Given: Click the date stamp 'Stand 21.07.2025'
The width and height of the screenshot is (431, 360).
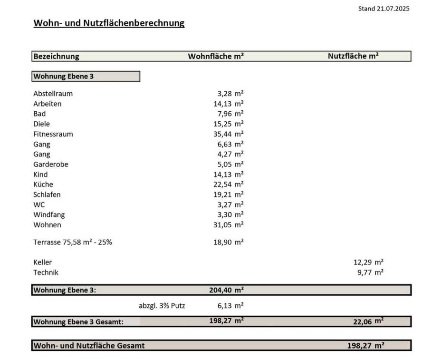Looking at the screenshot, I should [x=383, y=9].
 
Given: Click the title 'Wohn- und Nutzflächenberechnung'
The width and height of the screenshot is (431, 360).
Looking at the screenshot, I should [x=109, y=23].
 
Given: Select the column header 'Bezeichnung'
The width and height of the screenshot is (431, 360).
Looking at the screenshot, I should [x=56, y=56].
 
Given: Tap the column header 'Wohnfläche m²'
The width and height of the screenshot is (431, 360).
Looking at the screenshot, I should [x=216, y=56].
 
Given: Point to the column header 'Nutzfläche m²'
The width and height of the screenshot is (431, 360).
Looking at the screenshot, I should [x=353, y=56].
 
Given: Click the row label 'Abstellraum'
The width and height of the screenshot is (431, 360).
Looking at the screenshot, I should [x=53, y=94].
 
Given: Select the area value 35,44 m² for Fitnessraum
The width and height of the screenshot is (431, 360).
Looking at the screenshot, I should [x=228, y=134].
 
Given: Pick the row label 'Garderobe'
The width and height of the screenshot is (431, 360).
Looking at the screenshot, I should [x=51, y=165].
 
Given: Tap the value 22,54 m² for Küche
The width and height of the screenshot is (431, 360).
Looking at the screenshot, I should [x=228, y=185].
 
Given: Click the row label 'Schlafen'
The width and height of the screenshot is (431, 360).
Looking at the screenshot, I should [x=47, y=195].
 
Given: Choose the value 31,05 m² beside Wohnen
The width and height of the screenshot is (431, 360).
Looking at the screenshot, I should [x=228, y=225].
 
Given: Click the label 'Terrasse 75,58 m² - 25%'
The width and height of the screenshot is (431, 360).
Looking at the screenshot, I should [x=73, y=242].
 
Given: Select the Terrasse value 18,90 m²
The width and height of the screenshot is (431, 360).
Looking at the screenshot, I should [x=228, y=242].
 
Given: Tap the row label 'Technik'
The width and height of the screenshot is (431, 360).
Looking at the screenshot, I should [x=46, y=272].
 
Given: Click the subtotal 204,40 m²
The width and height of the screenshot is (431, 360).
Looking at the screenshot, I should [x=226, y=290].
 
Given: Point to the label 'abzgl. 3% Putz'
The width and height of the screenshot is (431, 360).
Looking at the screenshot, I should [x=162, y=306].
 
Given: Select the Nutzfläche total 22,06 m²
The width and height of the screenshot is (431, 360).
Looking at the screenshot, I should [x=368, y=321].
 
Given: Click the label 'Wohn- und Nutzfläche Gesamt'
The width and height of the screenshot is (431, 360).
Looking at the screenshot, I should [x=89, y=346].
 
